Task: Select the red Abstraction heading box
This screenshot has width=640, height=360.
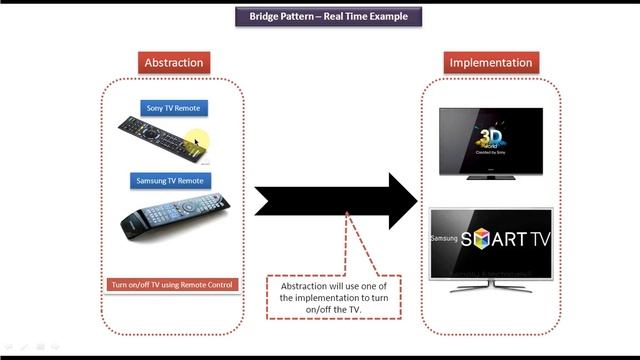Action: [x=174, y=62]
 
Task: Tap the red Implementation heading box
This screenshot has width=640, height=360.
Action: [x=490, y=62]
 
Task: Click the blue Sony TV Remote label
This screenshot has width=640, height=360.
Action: [x=174, y=108]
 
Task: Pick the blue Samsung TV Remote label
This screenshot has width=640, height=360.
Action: [x=170, y=181]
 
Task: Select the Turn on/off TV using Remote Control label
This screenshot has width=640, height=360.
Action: [x=172, y=285]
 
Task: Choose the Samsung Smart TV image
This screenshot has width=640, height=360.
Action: [x=491, y=246]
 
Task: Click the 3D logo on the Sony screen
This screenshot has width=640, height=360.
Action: [x=491, y=135]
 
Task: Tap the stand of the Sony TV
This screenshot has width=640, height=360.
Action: [x=491, y=177]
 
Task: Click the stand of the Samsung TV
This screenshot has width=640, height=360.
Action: [x=491, y=286]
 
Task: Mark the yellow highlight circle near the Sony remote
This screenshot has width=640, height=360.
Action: [x=199, y=141]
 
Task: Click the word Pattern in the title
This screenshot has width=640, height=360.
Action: [x=299, y=16]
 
